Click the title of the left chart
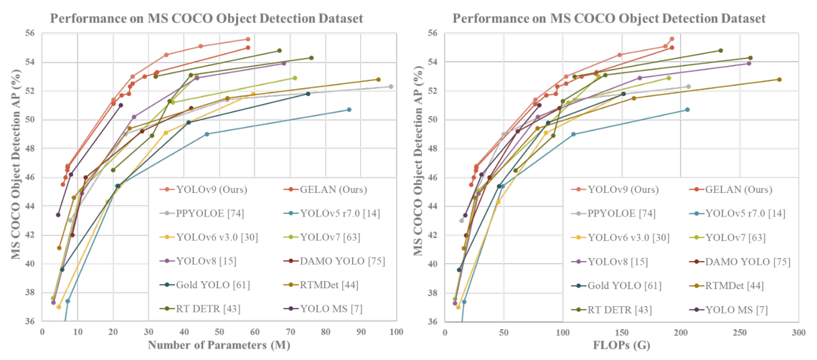207,18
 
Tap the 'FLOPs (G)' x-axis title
621,346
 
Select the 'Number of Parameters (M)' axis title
218,346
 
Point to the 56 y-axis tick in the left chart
32,33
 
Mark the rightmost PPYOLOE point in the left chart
391,86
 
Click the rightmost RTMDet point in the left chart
378,80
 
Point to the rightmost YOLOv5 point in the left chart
349,110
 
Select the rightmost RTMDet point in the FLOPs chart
779,80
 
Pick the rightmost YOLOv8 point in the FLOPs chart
749,63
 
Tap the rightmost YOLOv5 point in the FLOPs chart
687,110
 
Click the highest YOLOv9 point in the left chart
247,39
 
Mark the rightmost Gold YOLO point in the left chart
308,94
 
